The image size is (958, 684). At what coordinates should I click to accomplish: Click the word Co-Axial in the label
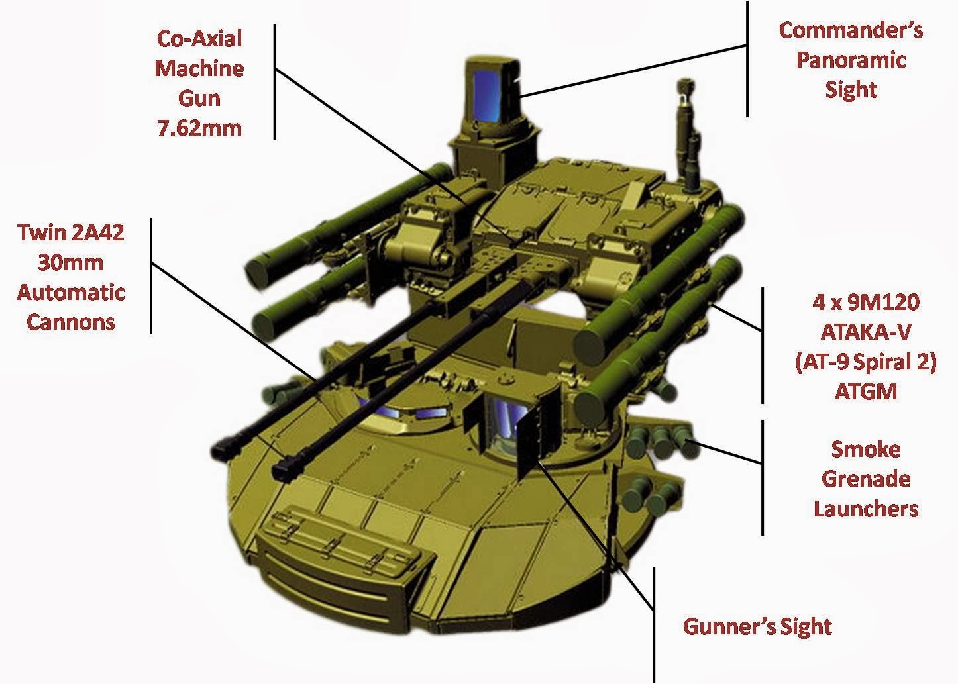(x=199, y=38)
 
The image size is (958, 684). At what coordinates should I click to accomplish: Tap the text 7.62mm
(x=199, y=128)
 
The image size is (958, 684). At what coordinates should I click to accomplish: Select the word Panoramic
(x=851, y=60)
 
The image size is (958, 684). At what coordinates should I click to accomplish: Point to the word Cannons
(x=71, y=322)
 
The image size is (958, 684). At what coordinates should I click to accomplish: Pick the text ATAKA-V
(x=866, y=332)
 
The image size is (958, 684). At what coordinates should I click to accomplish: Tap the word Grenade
(x=866, y=479)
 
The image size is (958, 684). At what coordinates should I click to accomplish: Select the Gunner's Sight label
(x=757, y=626)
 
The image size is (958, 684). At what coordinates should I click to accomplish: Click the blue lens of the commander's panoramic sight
(x=487, y=95)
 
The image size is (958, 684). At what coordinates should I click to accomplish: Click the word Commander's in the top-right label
(x=851, y=30)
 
